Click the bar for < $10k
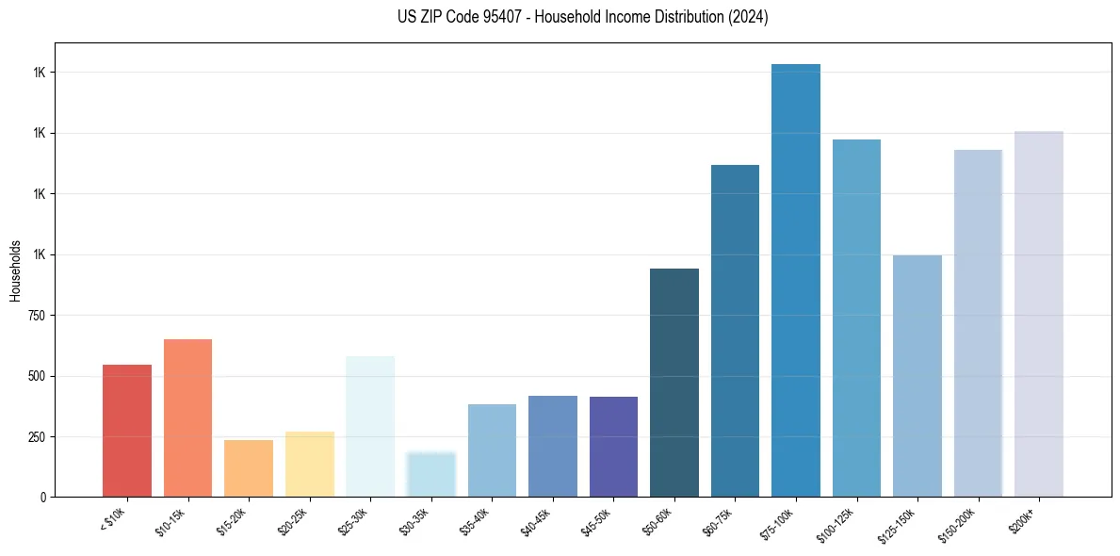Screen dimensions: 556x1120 [x=126, y=431]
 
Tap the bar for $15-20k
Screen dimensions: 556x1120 [x=249, y=468]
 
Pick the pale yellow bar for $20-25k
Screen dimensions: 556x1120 [x=309, y=464]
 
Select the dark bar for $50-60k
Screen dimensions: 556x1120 [x=674, y=383]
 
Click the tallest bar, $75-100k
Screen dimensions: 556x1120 [x=796, y=280]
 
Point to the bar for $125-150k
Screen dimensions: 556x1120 [x=917, y=376]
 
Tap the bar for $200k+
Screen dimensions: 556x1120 [x=1039, y=314]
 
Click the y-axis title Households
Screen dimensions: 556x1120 [x=15, y=270]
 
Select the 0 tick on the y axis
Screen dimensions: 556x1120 [x=43, y=498]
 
